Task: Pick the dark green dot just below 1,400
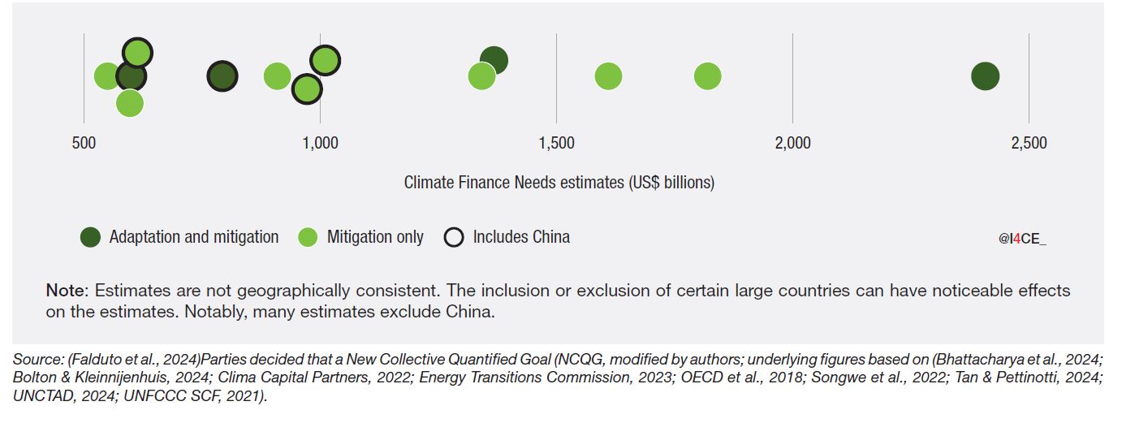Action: coord(494,59)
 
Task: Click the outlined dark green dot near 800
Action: coord(222,76)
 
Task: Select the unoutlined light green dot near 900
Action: coord(277,76)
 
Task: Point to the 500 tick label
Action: coord(84,144)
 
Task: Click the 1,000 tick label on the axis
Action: coord(320,144)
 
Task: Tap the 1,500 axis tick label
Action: coord(556,144)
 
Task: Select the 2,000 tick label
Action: coord(792,144)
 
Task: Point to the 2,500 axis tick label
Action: coord(1029,144)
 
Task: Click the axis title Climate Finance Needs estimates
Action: coord(559,183)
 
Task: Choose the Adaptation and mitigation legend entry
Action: coord(193,237)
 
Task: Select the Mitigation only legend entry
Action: coord(374,237)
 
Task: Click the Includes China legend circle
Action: coord(455,238)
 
